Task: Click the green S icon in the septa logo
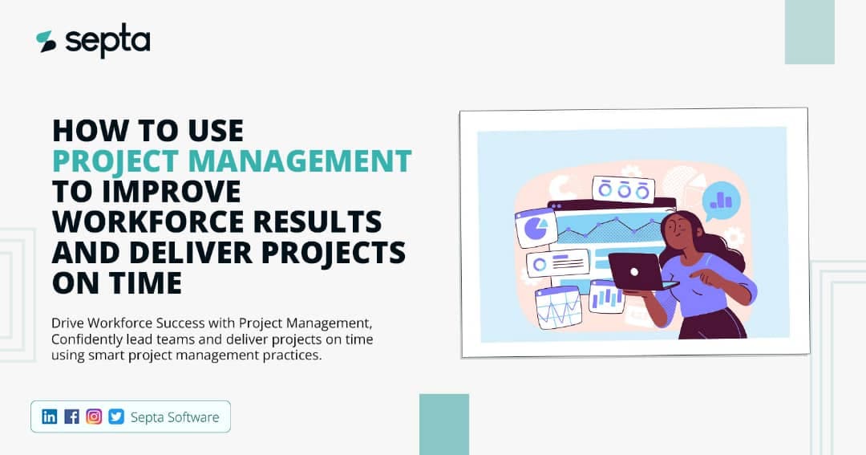click(46, 42)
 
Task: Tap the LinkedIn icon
click(50, 416)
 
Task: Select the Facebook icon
click(72, 416)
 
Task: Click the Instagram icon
click(94, 416)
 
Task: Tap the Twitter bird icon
click(116, 416)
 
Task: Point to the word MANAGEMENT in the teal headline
click(310, 160)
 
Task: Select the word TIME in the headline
click(141, 282)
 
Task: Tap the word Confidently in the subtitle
click(90, 339)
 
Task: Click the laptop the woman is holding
click(634, 271)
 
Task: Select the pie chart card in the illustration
click(536, 230)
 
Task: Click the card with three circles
click(623, 190)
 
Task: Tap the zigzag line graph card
click(558, 307)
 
